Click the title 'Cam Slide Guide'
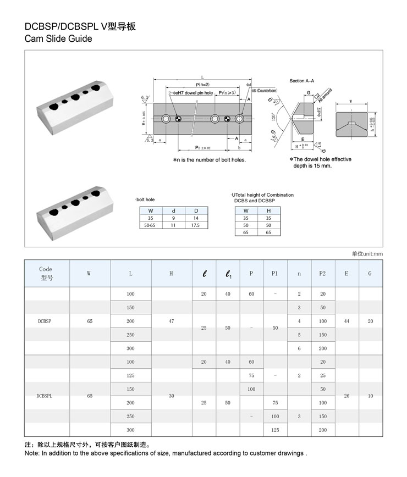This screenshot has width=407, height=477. tap(58, 39)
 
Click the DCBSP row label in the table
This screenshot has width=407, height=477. tap(45, 321)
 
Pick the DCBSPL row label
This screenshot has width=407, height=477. tap(45, 396)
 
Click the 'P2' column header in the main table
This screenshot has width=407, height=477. tap(322, 273)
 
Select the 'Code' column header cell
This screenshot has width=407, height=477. tap(46, 273)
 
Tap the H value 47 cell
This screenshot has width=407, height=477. tap(171, 321)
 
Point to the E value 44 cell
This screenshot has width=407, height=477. tap(346, 321)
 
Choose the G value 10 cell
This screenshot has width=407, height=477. tap(370, 396)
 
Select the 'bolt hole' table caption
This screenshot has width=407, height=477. tap(145, 199)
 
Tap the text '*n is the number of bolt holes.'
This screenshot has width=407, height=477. tap(209, 160)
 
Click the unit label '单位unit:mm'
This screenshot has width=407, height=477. tap(367, 253)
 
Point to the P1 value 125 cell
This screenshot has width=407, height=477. tap(275, 430)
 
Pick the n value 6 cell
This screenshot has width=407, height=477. tap(299, 348)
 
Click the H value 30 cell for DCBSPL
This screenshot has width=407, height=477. tap(171, 396)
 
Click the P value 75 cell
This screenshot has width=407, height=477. tap(251, 375)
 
